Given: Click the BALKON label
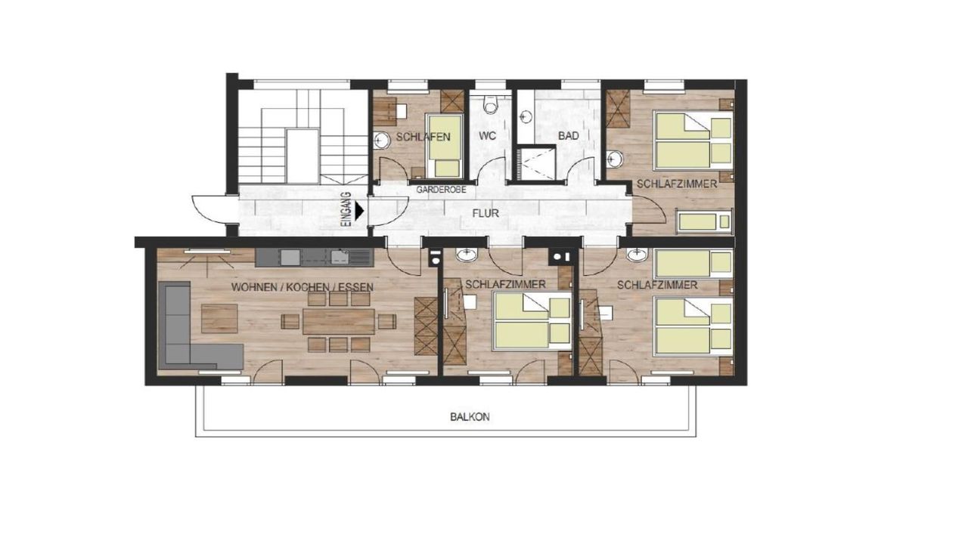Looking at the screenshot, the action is coord(470,417).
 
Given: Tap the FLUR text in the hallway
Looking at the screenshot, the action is coord(486,213).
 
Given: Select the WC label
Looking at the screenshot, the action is coord(487,135).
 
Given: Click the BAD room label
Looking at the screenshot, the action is coord(568,135).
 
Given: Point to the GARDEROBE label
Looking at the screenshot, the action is coord(441,190).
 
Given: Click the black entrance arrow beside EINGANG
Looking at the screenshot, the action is coord(359,211).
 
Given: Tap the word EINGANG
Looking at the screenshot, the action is coord(346,209).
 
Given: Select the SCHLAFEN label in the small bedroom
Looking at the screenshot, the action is coord(423,138).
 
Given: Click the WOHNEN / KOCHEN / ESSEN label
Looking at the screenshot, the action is coord(302,287).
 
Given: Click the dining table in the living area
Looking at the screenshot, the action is coord(338,321).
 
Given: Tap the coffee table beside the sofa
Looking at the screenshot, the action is coord(219,318).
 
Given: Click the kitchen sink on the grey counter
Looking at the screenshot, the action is coord(340,257).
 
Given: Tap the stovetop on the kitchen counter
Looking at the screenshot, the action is coord(290,258).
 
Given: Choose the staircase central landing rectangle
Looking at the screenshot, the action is coord(303,156).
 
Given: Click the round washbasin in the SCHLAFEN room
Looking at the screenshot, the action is coord(381,140).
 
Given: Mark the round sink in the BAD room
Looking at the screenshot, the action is coord(526,116).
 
